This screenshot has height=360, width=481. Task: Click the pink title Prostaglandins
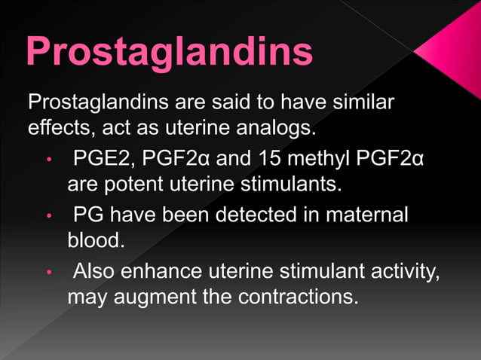tap(170, 52)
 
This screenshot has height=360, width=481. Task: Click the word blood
tap(93, 240)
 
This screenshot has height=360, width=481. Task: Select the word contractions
tap(297, 297)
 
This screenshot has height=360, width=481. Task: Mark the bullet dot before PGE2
tap(48, 160)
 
